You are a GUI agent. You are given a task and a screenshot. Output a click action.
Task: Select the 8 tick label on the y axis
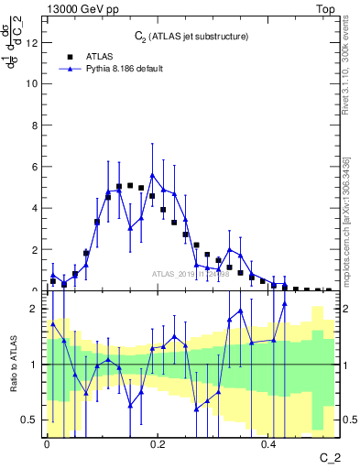[34, 125]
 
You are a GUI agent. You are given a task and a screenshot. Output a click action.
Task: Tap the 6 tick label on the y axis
[34, 167]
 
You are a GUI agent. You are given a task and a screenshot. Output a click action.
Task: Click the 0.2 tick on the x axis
[158, 443]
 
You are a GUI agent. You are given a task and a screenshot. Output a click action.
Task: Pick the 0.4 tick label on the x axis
[268, 443]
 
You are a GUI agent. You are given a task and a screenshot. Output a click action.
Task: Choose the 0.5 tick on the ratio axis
[29, 420]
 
